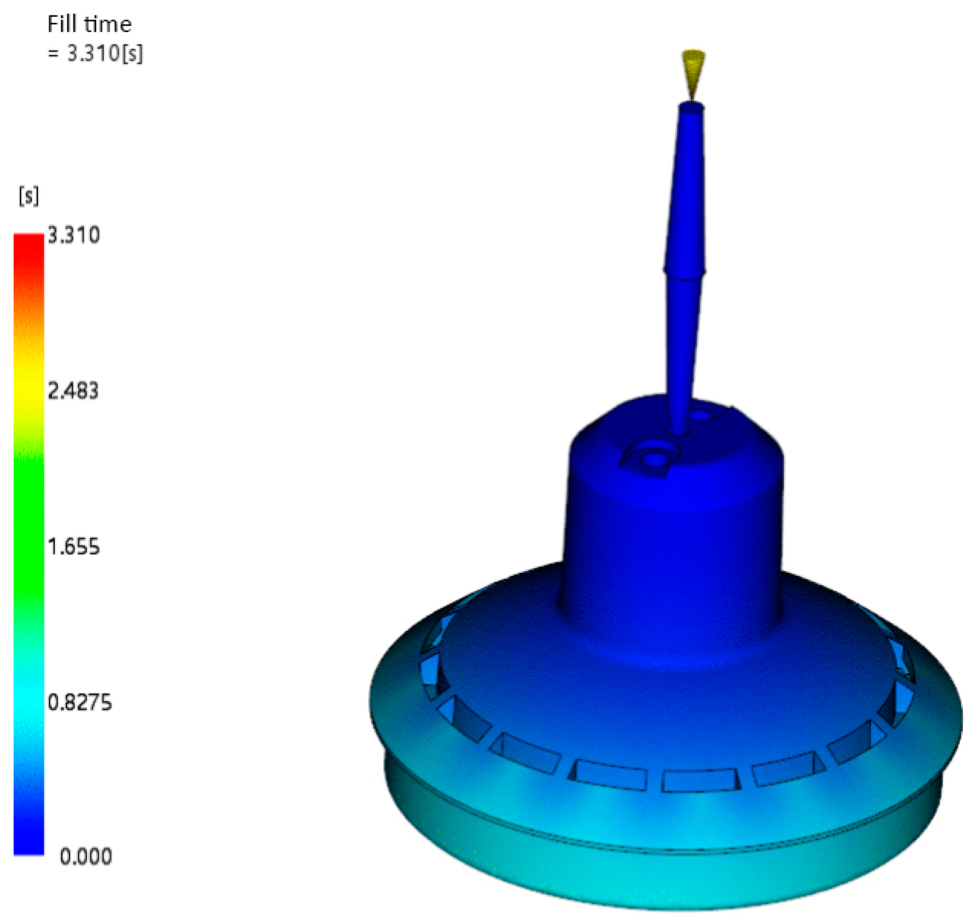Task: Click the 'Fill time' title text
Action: (x=89, y=24)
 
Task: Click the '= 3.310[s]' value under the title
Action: (x=95, y=54)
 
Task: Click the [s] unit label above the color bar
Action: (x=29, y=195)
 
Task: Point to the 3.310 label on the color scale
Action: (x=73, y=235)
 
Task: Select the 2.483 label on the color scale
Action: (x=73, y=391)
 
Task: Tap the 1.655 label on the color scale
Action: (x=73, y=547)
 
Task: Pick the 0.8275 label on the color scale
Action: (x=79, y=702)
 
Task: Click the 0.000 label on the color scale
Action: (x=85, y=857)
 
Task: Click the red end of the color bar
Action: (x=29, y=244)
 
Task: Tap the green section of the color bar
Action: (x=29, y=525)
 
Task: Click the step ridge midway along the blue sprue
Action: (x=685, y=270)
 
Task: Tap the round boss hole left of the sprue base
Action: (x=654, y=459)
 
